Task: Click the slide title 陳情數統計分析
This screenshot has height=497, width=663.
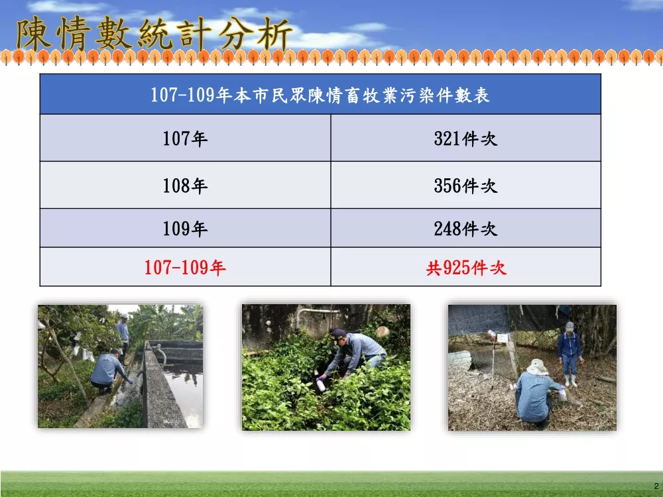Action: click(154, 34)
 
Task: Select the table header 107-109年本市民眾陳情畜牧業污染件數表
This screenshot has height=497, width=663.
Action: click(320, 95)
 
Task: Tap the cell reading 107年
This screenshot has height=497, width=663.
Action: click(185, 138)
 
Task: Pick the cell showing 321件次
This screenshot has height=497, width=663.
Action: click(465, 138)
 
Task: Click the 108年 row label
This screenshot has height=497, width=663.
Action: click(185, 185)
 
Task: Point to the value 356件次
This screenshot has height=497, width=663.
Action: click(465, 185)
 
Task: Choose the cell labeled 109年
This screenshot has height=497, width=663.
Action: click(185, 228)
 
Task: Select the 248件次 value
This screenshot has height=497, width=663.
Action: click(465, 228)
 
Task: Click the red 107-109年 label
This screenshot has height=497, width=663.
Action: click(185, 267)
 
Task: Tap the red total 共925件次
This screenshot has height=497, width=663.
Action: click(466, 268)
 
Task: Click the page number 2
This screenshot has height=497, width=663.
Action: click(656, 486)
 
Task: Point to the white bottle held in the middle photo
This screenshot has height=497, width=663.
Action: click(321, 384)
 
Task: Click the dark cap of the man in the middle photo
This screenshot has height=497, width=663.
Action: click(338, 335)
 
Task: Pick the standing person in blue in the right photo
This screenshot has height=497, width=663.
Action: click(570, 354)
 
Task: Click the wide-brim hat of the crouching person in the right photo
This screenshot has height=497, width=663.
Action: click(538, 367)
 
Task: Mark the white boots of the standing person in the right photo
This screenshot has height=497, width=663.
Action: click(570, 380)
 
